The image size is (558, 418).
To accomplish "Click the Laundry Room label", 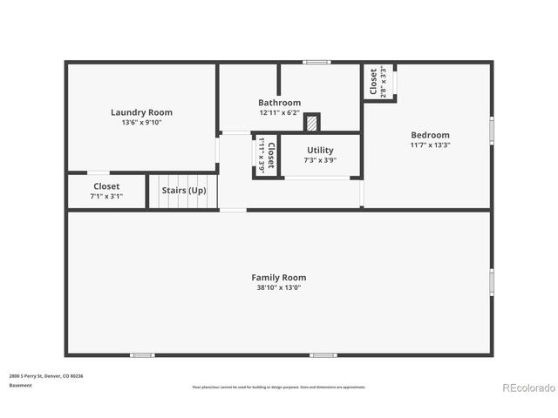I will click(141, 112).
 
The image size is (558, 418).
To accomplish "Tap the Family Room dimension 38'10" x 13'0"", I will click(279, 288).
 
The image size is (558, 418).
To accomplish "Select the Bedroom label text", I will click(430, 135).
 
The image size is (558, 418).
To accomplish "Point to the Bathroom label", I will click(279, 103).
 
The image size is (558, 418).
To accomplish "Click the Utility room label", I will click(320, 151).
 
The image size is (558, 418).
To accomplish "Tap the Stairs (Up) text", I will click(184, 190).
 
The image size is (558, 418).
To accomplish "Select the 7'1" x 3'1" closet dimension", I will click(106, 197).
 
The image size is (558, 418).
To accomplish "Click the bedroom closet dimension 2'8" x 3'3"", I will click(384, 82).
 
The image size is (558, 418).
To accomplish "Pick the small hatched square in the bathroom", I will click(312, 122).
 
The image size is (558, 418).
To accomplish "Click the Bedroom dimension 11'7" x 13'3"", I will click(430, 145).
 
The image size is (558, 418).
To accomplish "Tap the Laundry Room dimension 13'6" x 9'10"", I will click(141, 123).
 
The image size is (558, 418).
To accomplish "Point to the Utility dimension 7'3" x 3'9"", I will click(320, 160).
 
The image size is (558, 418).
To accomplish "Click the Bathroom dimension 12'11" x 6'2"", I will click(279, 113).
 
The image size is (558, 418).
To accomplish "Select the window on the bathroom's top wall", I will click(316, 62).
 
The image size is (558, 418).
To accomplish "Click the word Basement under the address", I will click(20, 386).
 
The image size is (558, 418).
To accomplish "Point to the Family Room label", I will click(279, 278).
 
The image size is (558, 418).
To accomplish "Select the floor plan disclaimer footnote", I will click(279, 388).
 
